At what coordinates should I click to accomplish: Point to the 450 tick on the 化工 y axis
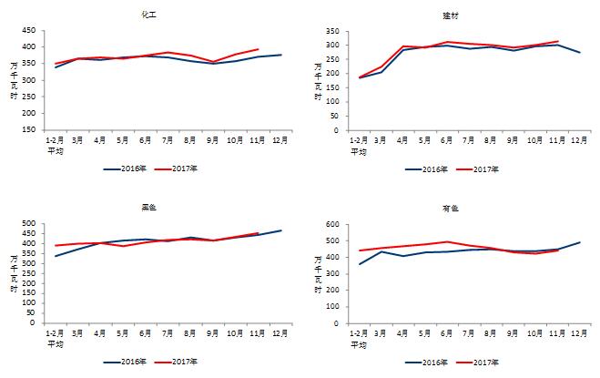[x=29, y=30]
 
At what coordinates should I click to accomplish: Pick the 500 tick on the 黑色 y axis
[x=29, y=224]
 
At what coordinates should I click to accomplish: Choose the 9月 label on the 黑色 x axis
[x=213, y=333]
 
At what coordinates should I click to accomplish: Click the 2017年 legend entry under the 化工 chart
[x=184, y=169]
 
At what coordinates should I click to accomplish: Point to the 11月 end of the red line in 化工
[x=259, y=49]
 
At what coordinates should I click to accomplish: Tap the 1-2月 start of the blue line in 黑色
[x=55, y=256]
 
